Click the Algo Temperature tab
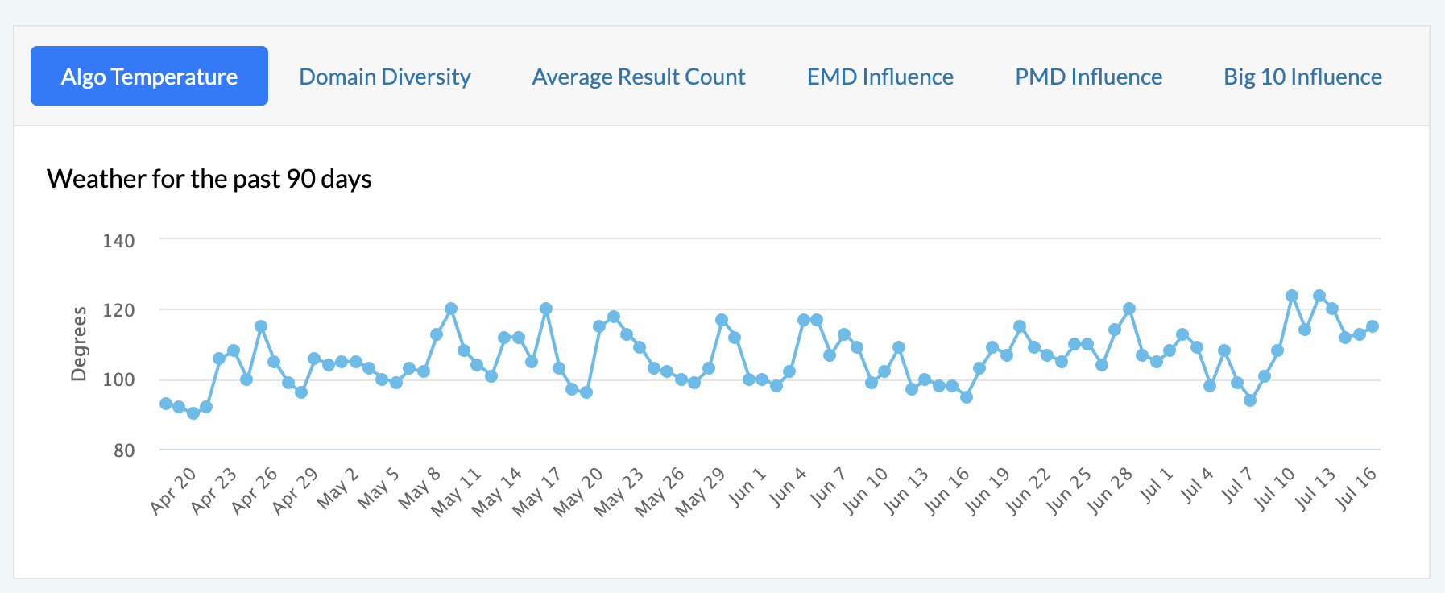click(149, 77)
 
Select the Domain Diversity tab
click(385, 77)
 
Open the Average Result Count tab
click(639, 77)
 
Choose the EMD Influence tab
click(880, 77)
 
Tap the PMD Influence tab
click(1088, 77)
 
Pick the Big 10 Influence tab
click(1302, 77)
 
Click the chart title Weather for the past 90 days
click(209, 178)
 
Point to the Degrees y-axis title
click(79, 344)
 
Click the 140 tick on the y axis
click(118, 240)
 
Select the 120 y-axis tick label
click(118, 310)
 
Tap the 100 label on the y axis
click(118, 379)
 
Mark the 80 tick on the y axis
click(124, 450)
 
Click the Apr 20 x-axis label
click(173, 490)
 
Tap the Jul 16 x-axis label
click(1356, 489)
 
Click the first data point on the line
click(166, 404)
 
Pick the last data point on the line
click(1373, 326)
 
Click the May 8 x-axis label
click(420, 487)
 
